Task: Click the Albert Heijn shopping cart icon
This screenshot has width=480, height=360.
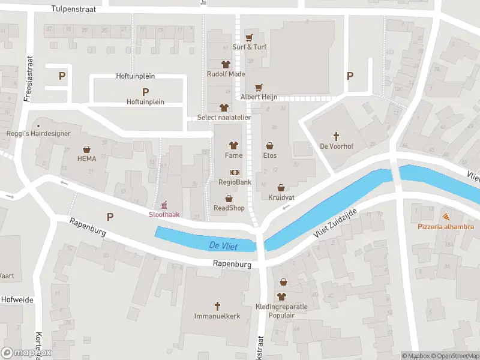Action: click(259, 88)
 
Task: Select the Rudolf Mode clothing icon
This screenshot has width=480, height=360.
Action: click(226, 64)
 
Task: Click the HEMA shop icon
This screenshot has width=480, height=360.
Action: click(87, 149)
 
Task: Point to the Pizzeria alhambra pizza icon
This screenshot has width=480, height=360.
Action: click(446, 217)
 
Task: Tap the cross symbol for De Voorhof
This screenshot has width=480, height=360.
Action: click(337, 136)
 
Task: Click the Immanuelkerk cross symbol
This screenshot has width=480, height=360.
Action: click(217, 305)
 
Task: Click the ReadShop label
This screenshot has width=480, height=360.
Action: click(229, 208)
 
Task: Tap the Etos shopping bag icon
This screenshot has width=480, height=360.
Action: click(270, 145)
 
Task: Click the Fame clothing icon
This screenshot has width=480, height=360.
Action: click(234, 145)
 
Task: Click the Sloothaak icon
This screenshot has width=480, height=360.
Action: click(164, 205)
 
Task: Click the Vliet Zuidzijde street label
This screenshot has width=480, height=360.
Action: click(334, 226)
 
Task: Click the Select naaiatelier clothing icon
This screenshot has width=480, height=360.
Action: click(224, 107)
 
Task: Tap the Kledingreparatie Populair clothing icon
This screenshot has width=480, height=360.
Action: click(282, 296)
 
